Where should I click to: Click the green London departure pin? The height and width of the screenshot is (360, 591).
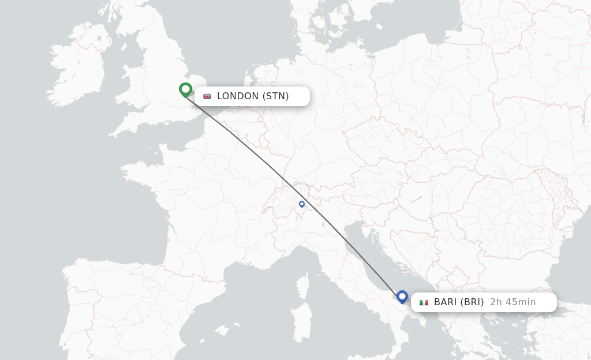click(x=185, y=89)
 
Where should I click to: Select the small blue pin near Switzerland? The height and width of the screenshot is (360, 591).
click(x=301, y=204)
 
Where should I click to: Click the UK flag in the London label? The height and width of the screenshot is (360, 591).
click(x=207, y=96)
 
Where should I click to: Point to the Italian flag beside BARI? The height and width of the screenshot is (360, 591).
click(x=424, y=302)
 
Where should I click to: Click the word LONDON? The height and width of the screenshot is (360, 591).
click(x=238, y=96)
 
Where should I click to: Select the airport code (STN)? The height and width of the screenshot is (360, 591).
click(x=276, y=96)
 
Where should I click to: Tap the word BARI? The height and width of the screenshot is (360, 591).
click(x=446, y=302)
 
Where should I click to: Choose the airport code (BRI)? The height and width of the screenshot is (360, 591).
click(x=473, y=302)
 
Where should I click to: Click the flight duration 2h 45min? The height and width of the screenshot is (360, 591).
click(x=513, y=302)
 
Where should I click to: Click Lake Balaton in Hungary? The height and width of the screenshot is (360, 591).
click(x=416, y=200)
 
